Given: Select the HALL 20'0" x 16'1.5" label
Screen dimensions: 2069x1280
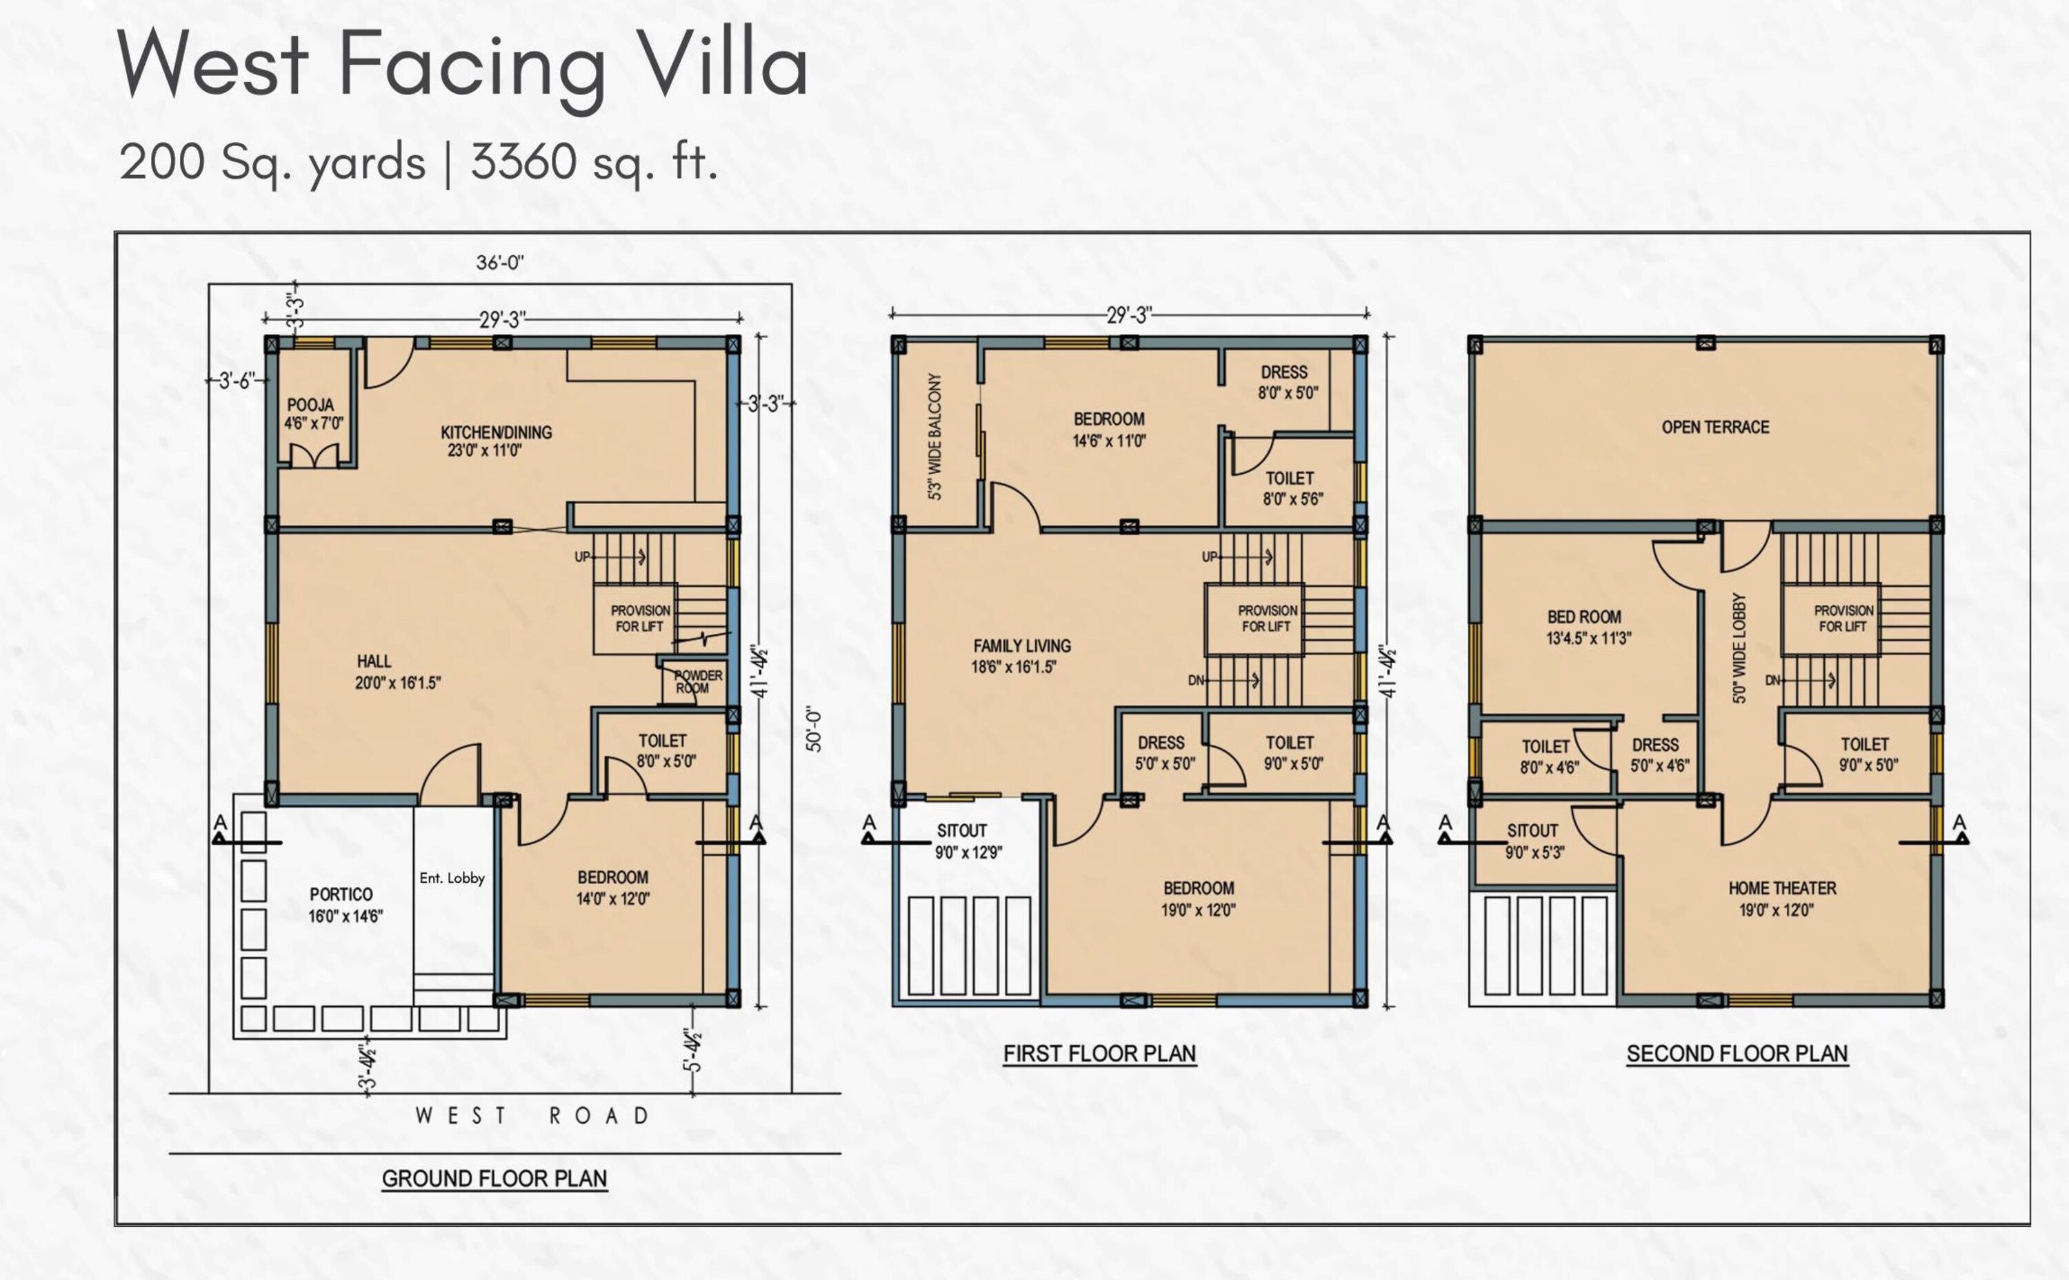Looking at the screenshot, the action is (x=398, y=672).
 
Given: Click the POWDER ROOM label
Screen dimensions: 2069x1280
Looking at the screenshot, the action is (x=697, y=681).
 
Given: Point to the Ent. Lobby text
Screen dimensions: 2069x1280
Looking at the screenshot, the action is (x=452, y=878).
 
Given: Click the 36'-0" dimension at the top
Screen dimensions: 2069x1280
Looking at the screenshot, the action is (x=500, y=263).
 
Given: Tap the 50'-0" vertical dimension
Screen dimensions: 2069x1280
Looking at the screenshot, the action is (x=814, y=729).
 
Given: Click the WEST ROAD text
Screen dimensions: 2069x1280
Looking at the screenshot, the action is (x=532, y=1116).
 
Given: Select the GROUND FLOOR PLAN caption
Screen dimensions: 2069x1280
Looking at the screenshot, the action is (x=494, y=1179).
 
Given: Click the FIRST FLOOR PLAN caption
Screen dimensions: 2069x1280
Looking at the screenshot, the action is (x=1100, y=1054).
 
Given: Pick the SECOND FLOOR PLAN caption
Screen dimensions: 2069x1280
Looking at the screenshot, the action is (x=1737, y=1054).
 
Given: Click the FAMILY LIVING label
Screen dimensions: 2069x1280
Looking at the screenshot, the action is (x=1022, y=646).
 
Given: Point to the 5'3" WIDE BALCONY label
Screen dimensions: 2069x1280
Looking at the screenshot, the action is (x=934, y=437).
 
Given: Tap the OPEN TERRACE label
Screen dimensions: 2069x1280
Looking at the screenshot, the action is (x=1715, y=428).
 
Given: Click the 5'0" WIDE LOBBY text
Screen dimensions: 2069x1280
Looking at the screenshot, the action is (x=1739, y=648).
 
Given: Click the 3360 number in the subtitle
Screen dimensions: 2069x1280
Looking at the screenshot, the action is (x=524, y=161).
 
